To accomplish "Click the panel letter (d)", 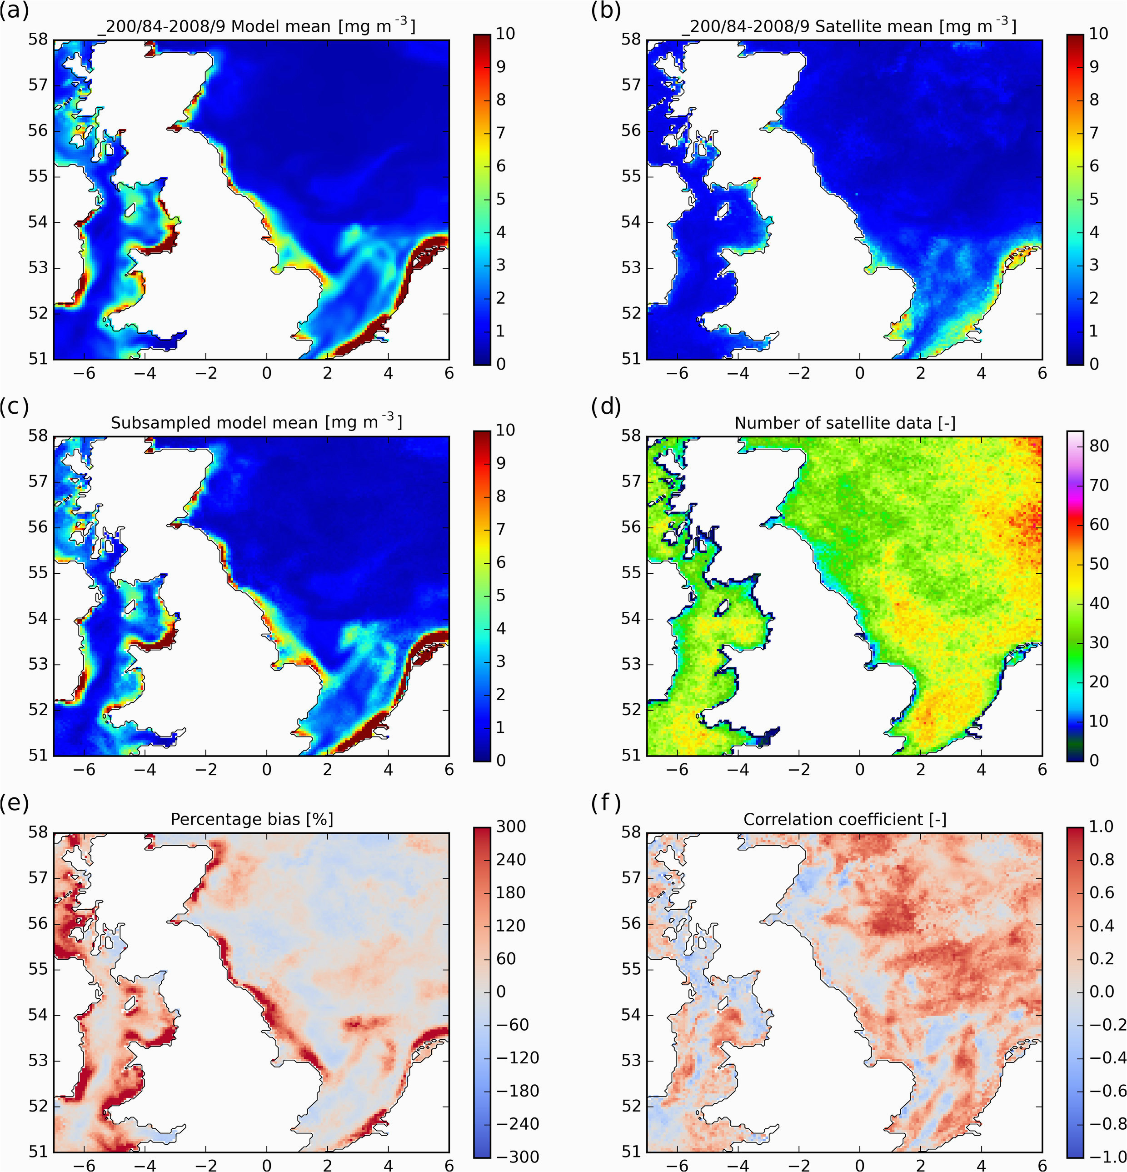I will coord(606,407).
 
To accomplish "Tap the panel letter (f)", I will coord(606,804).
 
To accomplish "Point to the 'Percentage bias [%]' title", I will coord(252,819).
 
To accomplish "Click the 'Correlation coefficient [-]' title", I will coord(845,819).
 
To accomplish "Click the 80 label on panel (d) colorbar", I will coord(1099,446).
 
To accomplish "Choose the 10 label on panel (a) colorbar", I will coord(505,34).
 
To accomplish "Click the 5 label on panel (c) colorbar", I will coord(500,595).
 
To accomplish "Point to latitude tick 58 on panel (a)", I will coord(40,40).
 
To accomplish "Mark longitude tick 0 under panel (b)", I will coord(860,373).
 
